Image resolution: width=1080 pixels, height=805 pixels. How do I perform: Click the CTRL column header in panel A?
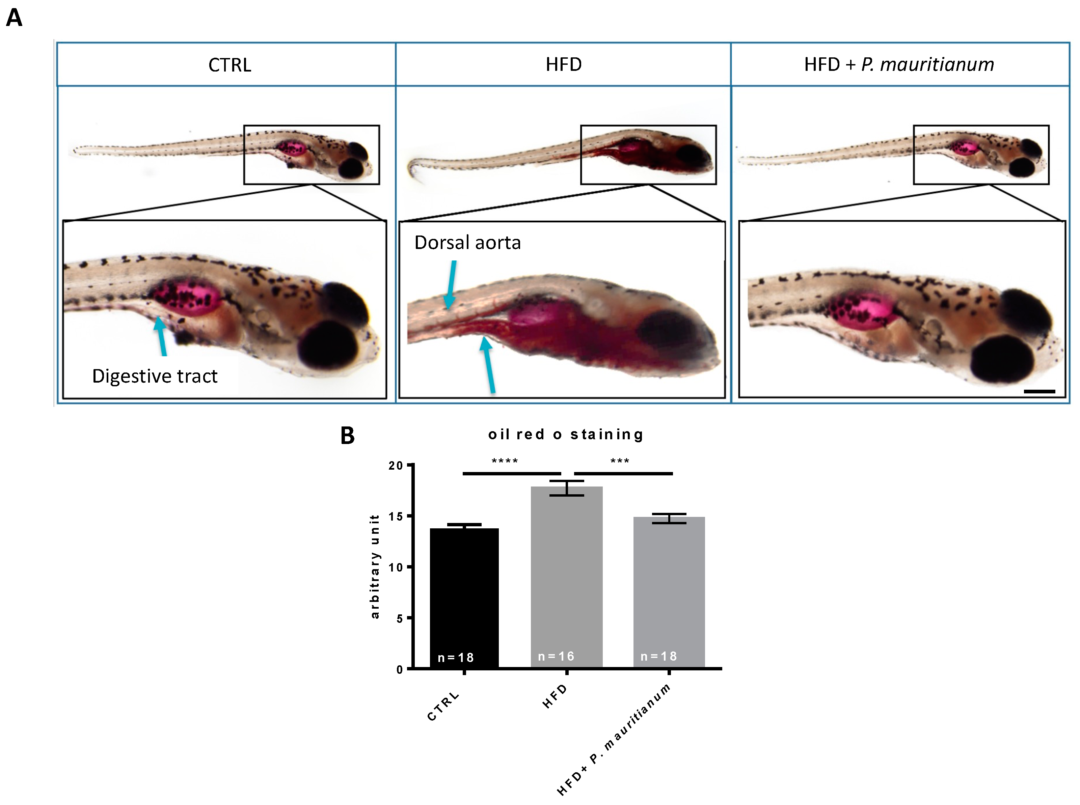point(230,65)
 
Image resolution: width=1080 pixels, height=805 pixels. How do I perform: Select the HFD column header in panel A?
point(563,64)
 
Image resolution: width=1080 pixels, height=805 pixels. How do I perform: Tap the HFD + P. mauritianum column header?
point(899,64)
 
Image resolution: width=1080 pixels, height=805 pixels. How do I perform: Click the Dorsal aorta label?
point(467,243)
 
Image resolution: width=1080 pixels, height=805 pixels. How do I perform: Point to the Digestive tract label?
point(155,376)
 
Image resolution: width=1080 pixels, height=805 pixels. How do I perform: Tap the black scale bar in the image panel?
point(1039,391)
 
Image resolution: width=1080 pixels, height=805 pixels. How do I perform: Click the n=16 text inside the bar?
point(556,656)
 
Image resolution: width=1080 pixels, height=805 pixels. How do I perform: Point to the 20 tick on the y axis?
point(396,465)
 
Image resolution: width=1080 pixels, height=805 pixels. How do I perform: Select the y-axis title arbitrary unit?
point(375,566)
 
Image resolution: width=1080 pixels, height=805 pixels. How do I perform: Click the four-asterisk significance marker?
point(505,461)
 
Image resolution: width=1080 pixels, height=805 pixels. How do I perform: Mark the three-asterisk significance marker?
point(619,461)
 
